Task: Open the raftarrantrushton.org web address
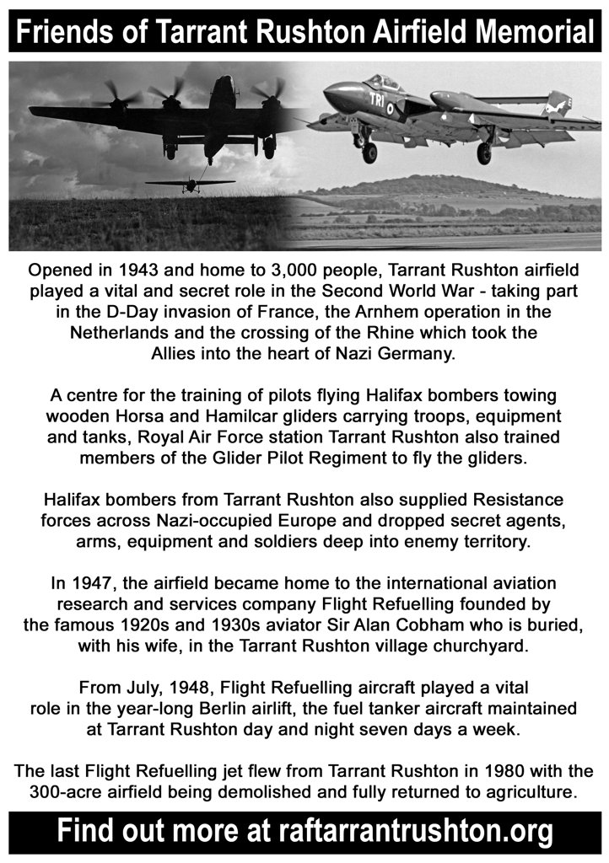[414, 831]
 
